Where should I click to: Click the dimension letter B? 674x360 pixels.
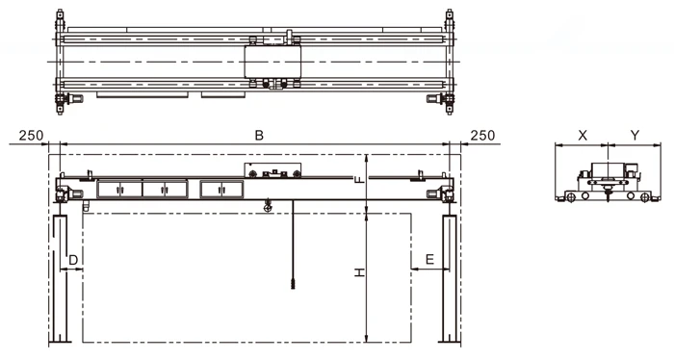tap(259, 136)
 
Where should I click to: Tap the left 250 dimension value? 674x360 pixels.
tap(32, 136)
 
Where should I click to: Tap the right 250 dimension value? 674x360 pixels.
tap(482, 136)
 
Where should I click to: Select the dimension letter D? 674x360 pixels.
tap(73, 260)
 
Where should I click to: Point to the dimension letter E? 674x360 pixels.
tap(429, 260)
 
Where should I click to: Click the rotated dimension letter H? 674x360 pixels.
tap(359, 272)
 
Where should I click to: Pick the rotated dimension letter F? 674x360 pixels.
tap(359, 179)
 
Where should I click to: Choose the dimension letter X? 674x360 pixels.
tap(583, 136)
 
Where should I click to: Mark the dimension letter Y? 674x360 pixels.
tap(635, 136)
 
